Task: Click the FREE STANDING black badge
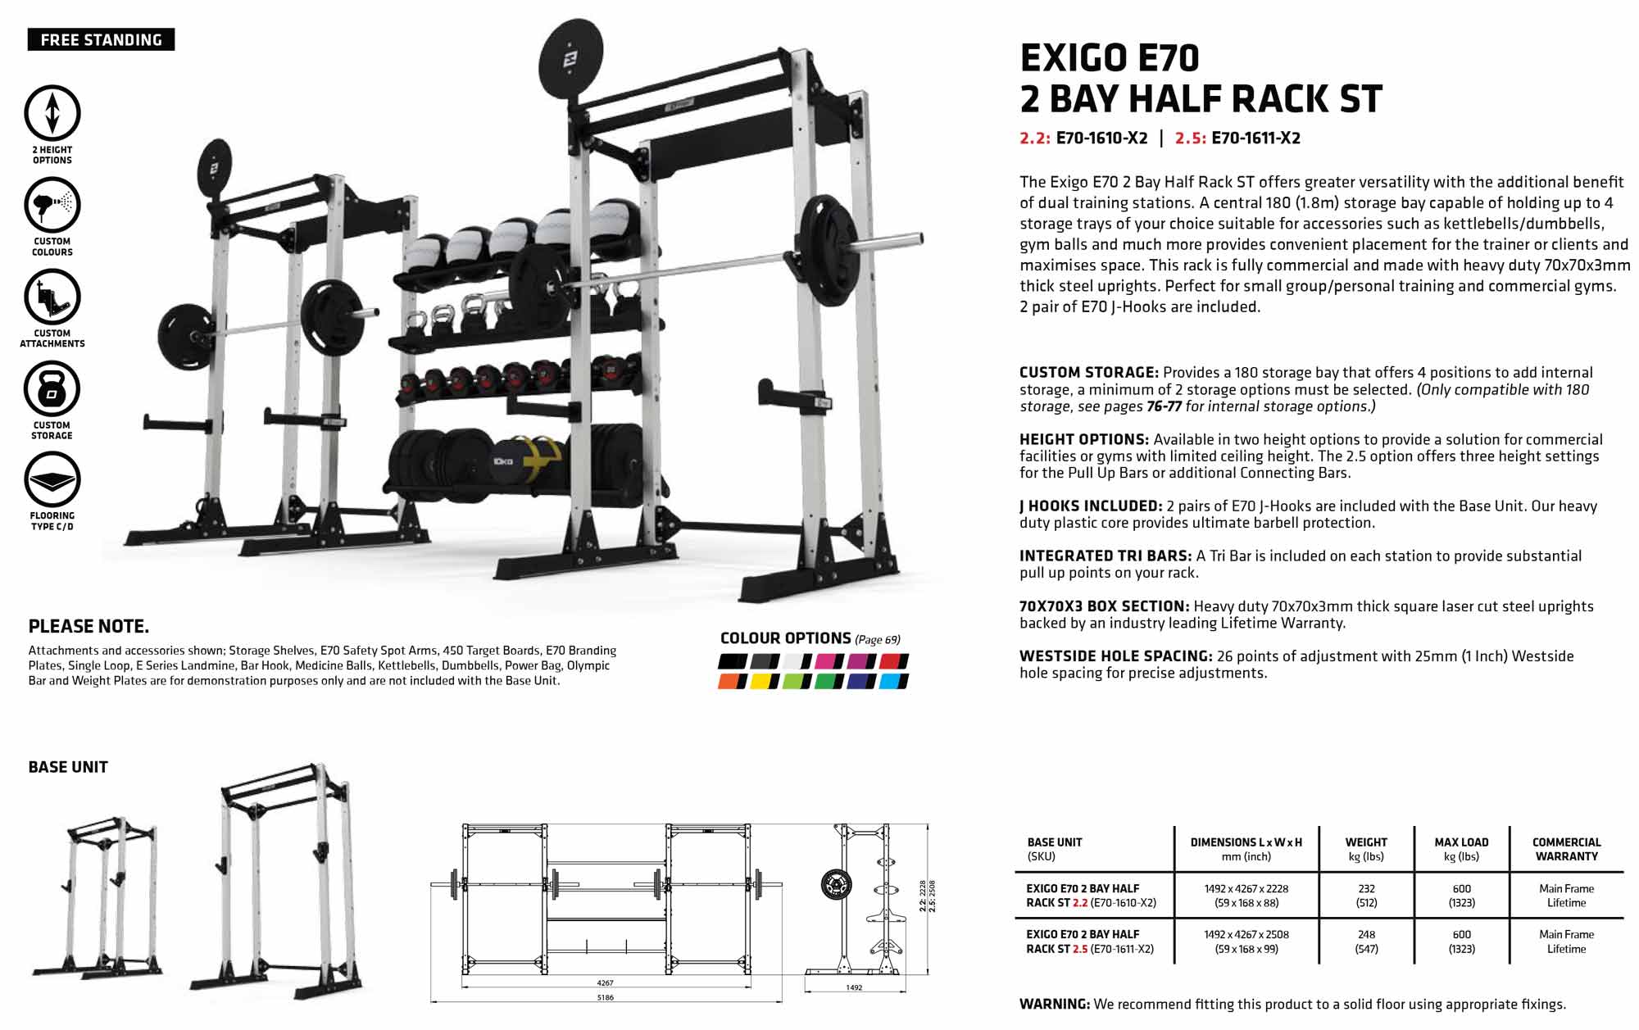[101, 40]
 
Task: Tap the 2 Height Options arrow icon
[52, 113]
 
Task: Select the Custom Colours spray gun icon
[52, 205]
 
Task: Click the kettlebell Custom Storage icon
[52, 388]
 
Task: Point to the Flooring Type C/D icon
[52, 479]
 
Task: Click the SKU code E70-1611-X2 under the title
[1255, 138]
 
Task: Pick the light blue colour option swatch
[893, 681]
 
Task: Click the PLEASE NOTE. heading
[89, 627]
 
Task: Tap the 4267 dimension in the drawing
[606, 982]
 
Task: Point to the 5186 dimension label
[606, 997]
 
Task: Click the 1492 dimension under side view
[854, 987]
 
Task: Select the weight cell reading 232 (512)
[1366, 896]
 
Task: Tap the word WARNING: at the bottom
[1055, 1005]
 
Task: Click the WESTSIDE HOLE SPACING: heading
[1116, 656]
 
